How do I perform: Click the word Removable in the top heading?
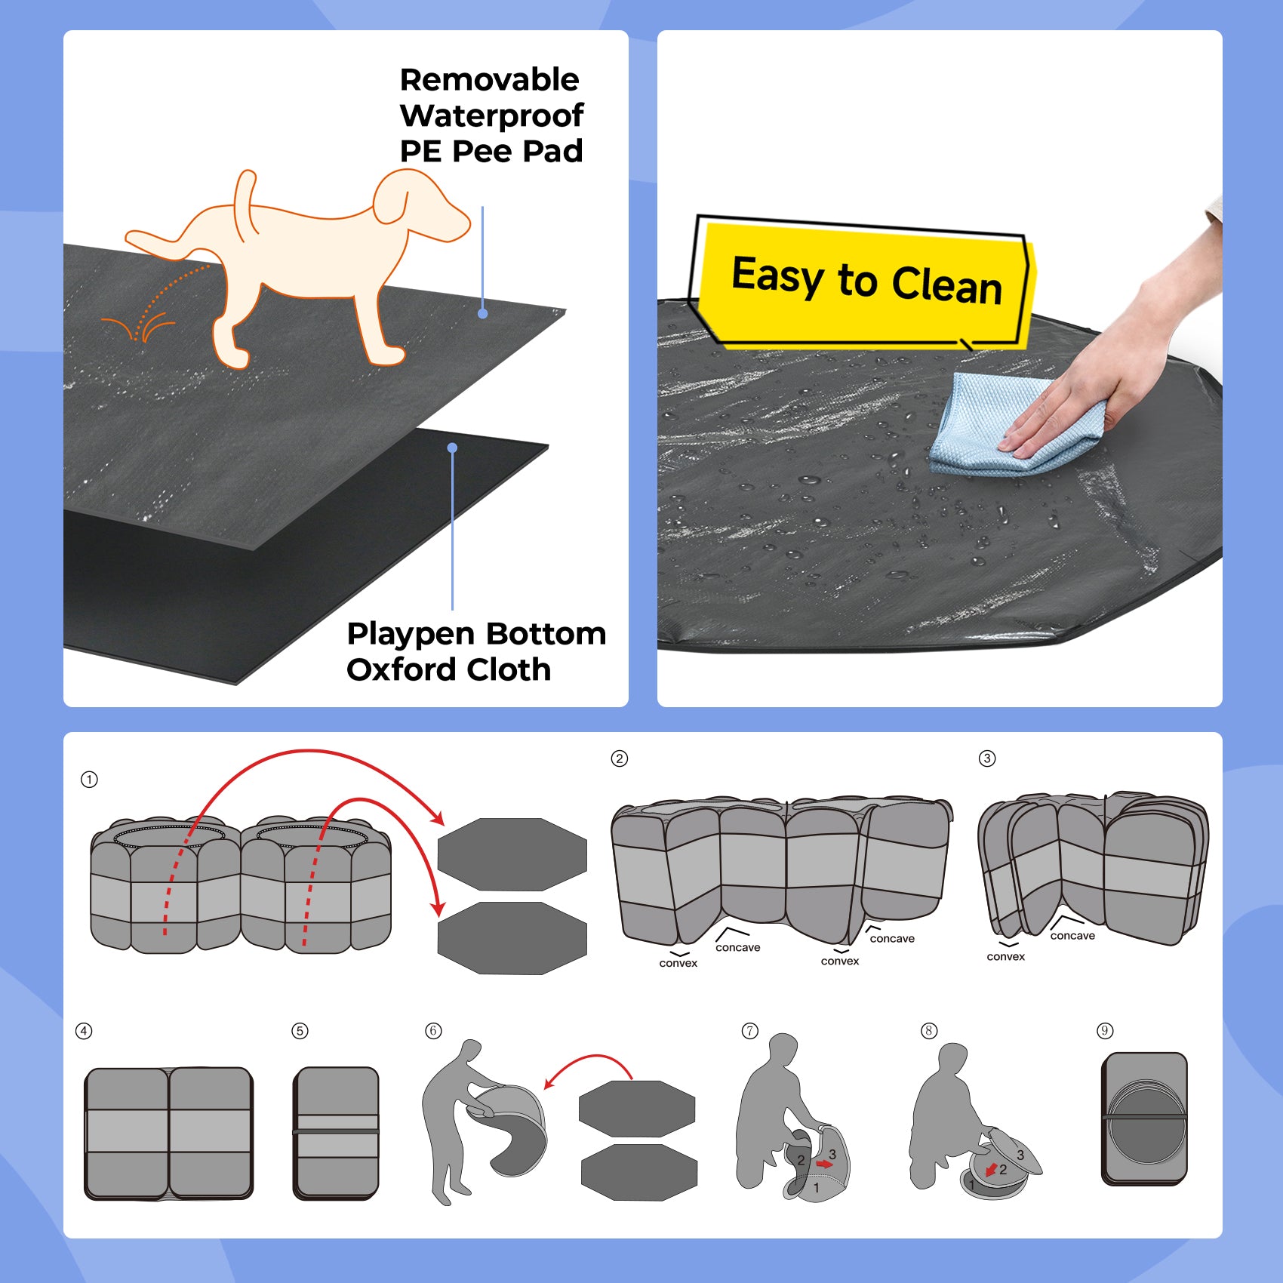489,80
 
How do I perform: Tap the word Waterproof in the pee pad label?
491,116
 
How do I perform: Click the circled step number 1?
89,780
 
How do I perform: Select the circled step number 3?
987,758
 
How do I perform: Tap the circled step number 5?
300,1031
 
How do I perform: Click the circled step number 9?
1105,1031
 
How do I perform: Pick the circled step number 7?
749,1031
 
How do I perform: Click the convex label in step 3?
1005,957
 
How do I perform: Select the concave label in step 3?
1072,936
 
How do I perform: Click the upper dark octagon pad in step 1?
512,854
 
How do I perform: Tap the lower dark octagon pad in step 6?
638,1172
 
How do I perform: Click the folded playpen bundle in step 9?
1144,1118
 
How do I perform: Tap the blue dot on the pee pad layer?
483,313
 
